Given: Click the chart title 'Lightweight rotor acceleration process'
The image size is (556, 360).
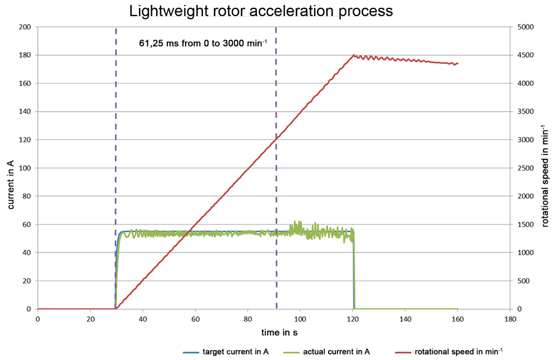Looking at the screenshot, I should (261, 11).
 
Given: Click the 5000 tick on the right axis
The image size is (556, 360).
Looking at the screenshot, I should (525, 27).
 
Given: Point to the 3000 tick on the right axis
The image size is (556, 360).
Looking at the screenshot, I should (525, 140).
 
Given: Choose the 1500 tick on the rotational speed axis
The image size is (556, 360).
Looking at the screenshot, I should (525, 224).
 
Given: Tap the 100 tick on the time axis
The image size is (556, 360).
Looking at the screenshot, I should (300, 319).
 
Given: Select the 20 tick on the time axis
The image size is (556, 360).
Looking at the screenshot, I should (90, 319).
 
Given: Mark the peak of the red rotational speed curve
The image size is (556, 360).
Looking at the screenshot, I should (354, 55).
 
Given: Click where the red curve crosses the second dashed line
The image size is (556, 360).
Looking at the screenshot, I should (276, 139).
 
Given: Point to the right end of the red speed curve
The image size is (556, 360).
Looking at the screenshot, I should (458, 63).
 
